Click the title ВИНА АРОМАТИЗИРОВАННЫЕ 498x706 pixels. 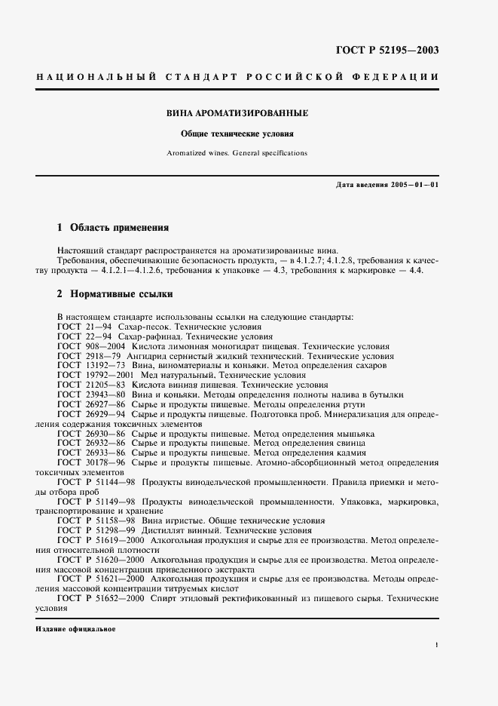tap(237, 113)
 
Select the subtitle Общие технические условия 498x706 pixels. tap(237, 134)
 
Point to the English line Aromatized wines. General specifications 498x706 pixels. tap(237, 152)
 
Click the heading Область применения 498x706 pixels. tap(118, 227)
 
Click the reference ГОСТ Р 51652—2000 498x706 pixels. tap(101, 598)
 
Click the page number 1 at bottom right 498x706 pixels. tap(438, 646)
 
